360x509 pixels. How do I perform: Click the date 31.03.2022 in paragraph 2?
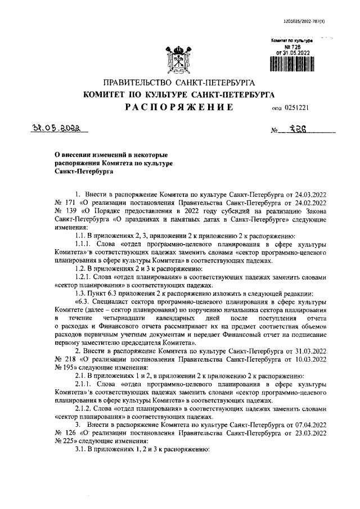pos(312,350)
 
